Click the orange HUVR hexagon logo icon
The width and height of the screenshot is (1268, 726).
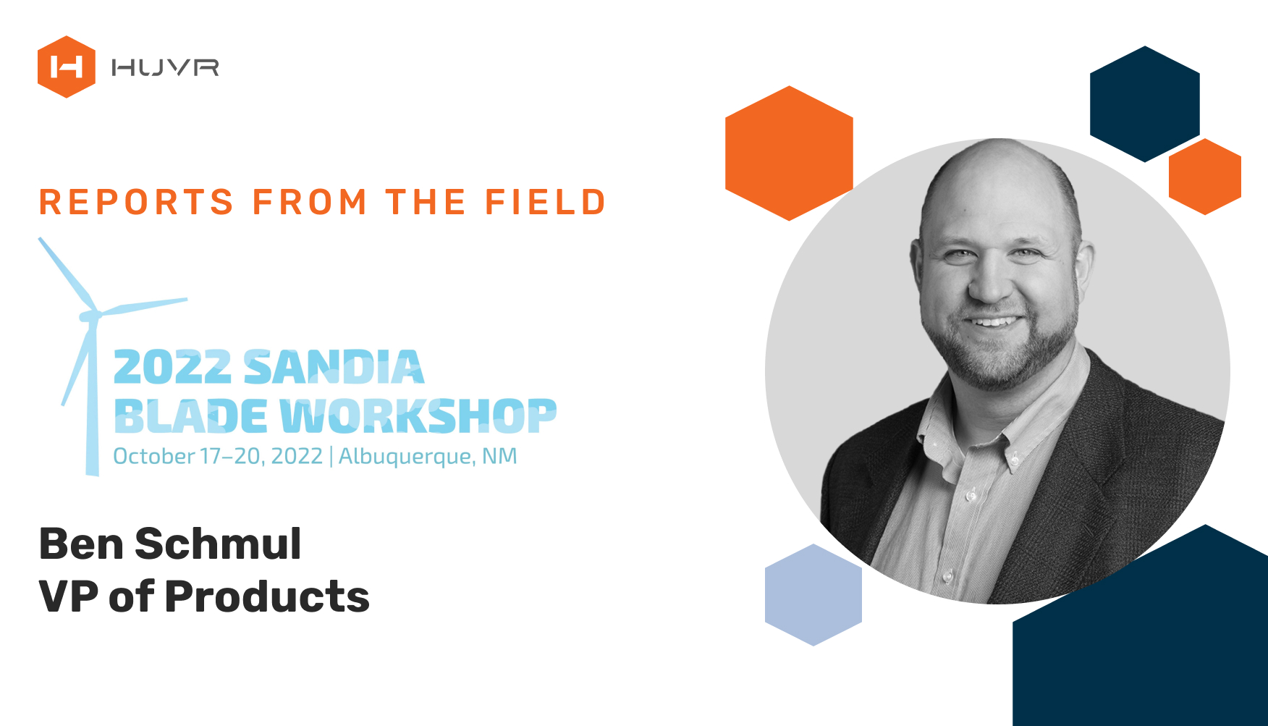pyautogui.click(x=67, y=67)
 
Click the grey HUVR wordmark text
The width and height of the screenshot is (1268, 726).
pyautogui.click(x=165, y=67)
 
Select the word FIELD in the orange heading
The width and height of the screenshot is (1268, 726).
pyautogui.click(x=545, y=202)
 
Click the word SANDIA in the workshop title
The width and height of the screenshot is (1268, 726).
pyautogui.click(x=334, y=367)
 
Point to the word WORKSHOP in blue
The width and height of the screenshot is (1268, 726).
pyautogui.click(x=418, y=416)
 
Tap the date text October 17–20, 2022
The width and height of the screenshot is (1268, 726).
pyautogui.click(x=218, y=456)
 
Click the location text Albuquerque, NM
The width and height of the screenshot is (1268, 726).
pyautogui.click(x=428, y=457)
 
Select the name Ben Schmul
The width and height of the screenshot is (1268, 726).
pyautogui.click(x=170, y=544)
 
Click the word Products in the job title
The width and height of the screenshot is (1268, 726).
pyautogui.click(x=267, y=596)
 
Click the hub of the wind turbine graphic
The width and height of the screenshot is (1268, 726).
pyautogui.click(x=90, y=316)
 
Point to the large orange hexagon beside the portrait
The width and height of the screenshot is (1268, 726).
pyautogui.click(x=789, y=153)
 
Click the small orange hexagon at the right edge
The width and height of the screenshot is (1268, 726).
pyautogui.click(x=1205, y=177)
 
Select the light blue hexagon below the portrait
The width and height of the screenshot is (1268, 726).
pyautogui.click(x=813, y=595)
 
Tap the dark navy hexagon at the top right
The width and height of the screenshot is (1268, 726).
pyautogui.click(x=1145, y=104)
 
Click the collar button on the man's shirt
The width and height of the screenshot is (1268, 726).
pyautogui.click(x=1016, y=459)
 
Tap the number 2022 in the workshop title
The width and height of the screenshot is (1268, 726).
pyautogui.click(x=172, y=367)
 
